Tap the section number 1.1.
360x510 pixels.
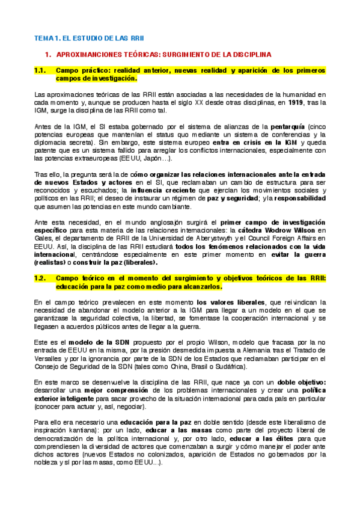[x=40, y=70]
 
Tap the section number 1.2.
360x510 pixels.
[x=40, y=278]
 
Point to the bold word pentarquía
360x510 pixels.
[x=287, y=126]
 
